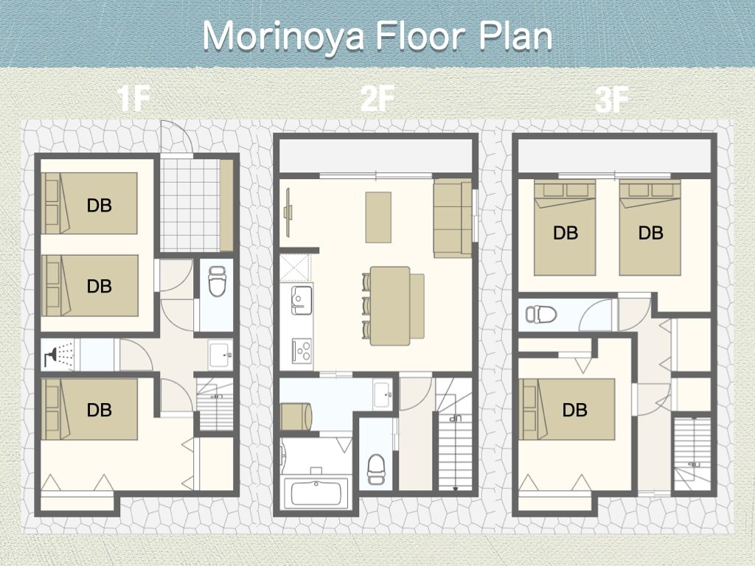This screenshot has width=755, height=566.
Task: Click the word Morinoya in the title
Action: click(282, 36)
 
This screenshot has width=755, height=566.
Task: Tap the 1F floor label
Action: click(133, 99)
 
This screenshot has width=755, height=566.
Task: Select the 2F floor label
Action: click(377, 99)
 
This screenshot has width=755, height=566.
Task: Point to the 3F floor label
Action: click(611, 100)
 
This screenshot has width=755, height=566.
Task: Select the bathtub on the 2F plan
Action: click(316, 492)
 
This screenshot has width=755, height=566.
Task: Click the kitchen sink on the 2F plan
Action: click(302, 300)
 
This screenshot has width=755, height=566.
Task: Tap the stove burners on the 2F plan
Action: click(302, 349)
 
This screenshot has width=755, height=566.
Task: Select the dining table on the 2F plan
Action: click(390, 306)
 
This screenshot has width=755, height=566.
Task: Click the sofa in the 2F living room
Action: click(452, 218)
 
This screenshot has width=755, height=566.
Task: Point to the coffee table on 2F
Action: click(378, 217)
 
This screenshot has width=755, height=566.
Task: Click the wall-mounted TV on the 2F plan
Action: click(289, 212)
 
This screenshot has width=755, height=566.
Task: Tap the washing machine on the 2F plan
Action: click(296, 417)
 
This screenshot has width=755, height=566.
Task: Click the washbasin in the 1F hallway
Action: click(220, 354)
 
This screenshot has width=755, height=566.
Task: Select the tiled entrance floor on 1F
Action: click(189, 205)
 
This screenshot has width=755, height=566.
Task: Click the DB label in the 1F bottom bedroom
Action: click(100, 410)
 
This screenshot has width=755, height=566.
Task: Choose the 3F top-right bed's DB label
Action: click(650, 233)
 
